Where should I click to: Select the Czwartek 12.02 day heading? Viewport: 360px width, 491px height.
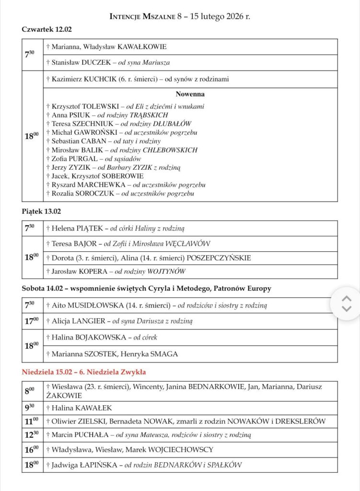point(46,29)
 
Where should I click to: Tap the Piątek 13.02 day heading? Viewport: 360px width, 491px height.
point(41,211)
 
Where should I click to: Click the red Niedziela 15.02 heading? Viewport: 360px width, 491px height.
point(84,372)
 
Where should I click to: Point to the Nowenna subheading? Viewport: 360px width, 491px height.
point(190,94)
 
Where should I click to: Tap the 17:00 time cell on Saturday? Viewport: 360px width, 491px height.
point(32,321)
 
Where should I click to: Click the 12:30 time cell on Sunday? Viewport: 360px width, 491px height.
point(32,435)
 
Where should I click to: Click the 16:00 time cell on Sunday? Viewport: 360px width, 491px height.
point(32,450)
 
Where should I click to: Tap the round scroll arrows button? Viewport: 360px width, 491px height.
point(346,304)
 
